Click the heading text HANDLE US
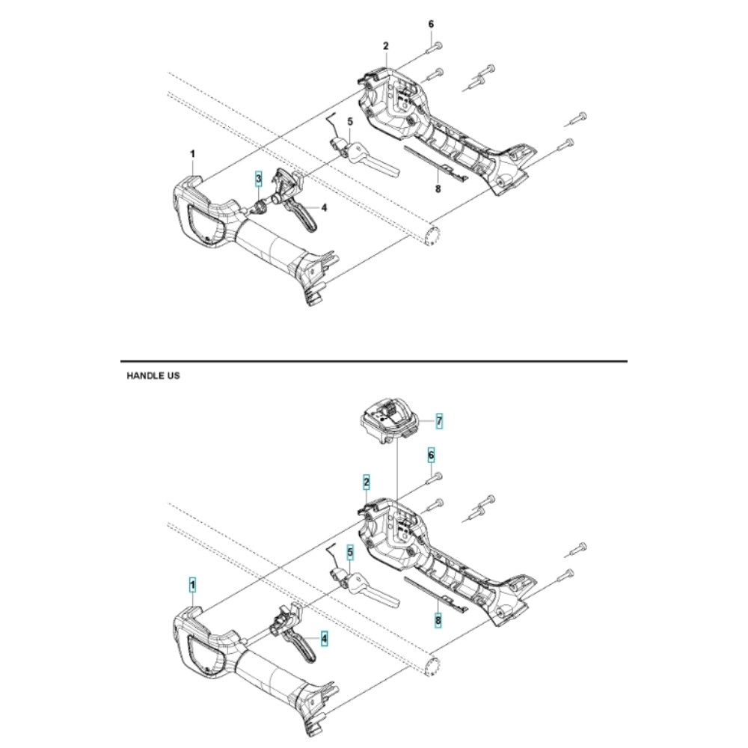pos(153,376)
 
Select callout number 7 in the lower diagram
pos(439,422)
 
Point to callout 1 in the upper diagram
pos(192,154)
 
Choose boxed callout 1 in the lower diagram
pos(193,582)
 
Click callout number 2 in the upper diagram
pos(386,46)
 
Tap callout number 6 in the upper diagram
pos(431,24)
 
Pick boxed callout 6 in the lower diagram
pos(431,455)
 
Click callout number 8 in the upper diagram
pos(438,188)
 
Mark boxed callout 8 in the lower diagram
pos(438,619)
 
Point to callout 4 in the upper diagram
pos(324,208)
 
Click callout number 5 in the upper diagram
pos(349,121)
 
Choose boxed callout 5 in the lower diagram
pos(349,552)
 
